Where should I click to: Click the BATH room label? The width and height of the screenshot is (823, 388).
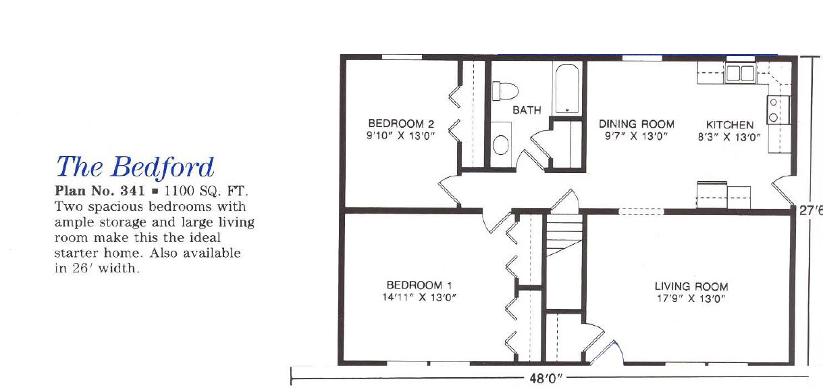[x=527, y=110]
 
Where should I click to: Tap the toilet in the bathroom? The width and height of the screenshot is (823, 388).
[x=505, y=91]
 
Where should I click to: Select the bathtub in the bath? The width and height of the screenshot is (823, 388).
[x=567, y=89]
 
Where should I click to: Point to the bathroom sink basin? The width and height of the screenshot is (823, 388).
[x=500, y=145]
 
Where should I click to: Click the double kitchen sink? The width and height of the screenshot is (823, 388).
[x=740, y=73]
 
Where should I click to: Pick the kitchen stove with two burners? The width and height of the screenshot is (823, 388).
[x=778, y=110]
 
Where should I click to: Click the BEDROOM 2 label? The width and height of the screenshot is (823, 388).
[x=401, y=123]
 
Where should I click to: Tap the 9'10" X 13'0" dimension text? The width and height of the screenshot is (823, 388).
[x=400, y=136]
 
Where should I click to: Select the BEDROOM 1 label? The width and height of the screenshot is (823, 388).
[x=419, y=285]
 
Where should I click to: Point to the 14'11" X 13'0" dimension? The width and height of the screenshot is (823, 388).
[x=419, y=297]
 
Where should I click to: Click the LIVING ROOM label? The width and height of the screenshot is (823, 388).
[x=691, y=286]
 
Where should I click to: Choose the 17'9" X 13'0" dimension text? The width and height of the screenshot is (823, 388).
[x=691, y=298]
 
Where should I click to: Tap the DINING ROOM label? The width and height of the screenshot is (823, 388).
[x=637, y=124]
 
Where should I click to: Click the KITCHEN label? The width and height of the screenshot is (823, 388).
[x=730, y=124]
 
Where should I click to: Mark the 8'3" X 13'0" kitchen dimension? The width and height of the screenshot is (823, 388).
[x=729, y=137]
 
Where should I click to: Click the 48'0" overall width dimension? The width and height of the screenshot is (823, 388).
[x=546, y=379]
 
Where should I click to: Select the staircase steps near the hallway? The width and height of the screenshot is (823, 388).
[x=564, y=235]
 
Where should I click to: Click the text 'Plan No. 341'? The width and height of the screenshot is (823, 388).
[x=99, y=191]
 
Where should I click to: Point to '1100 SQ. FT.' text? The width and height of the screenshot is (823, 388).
[x=206, y=191]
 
